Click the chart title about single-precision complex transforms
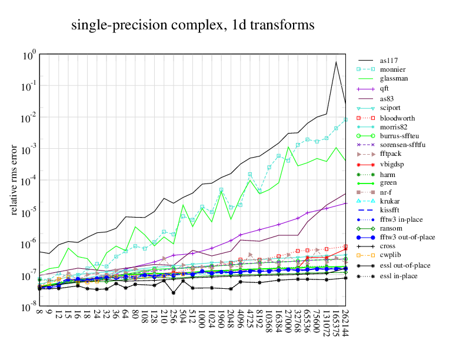pos(193,25)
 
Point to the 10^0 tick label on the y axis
pos(29,56)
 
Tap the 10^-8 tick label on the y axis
pos(29,308)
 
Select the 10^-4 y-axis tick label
pos(29,182)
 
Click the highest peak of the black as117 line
pos(336,62)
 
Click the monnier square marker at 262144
pos(345,119)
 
